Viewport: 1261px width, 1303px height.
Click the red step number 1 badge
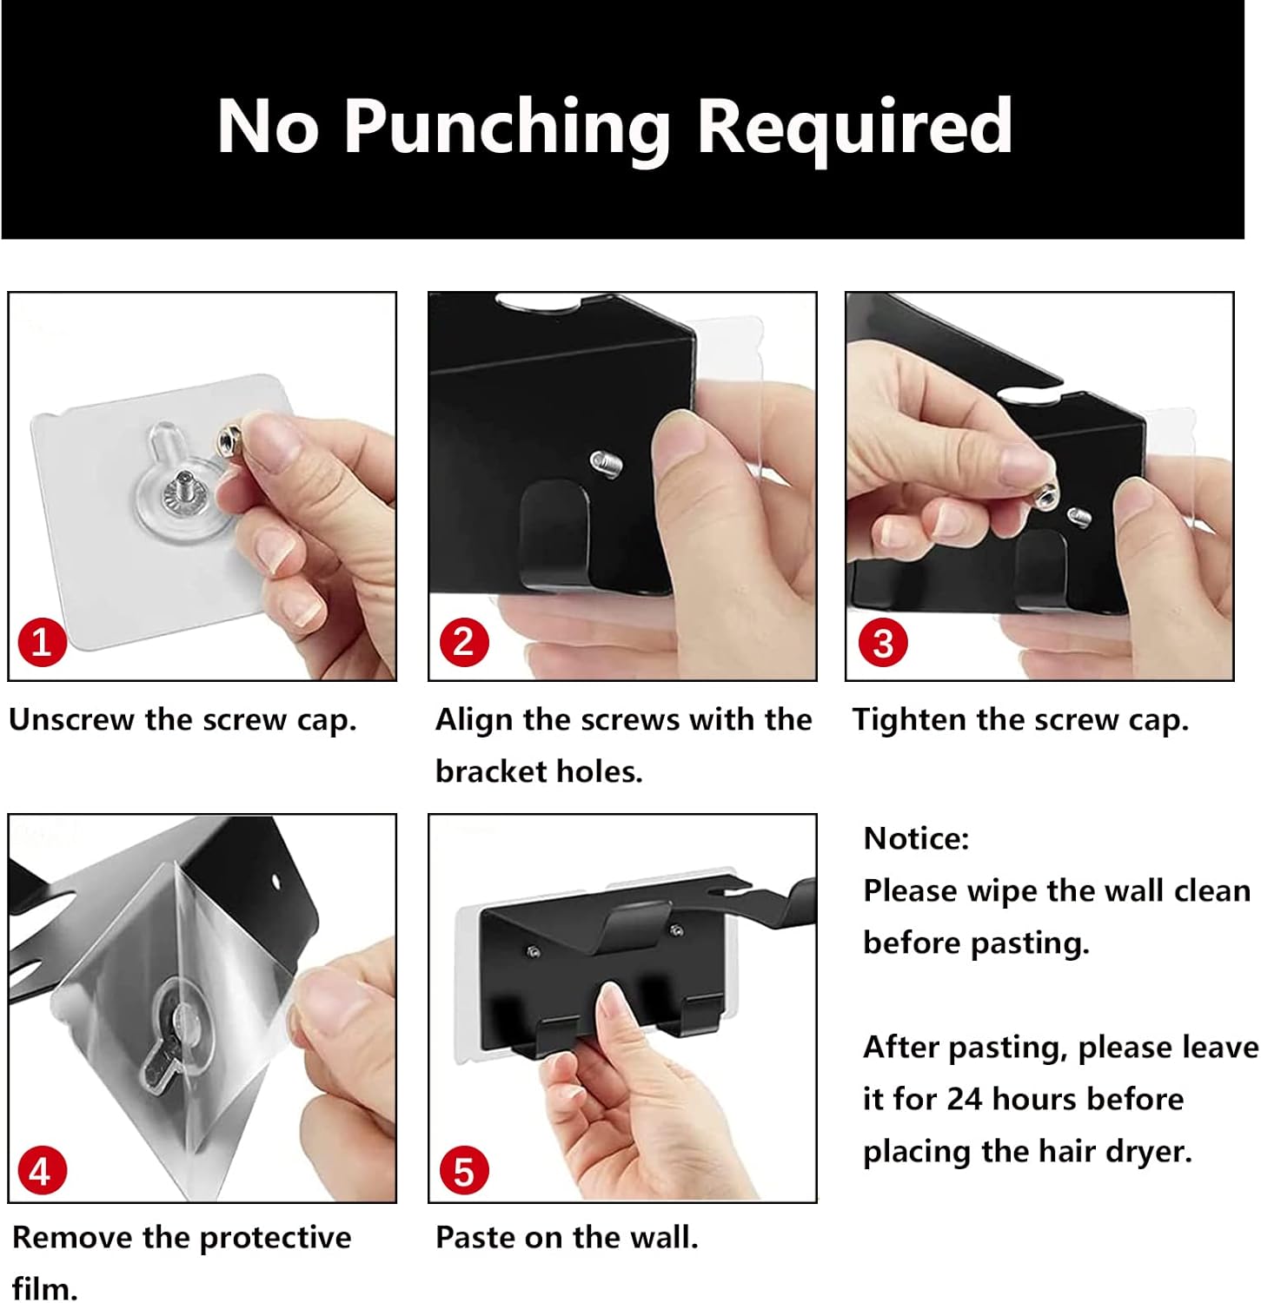[x=42, y=642]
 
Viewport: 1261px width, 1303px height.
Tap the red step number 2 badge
[x=464, y=642]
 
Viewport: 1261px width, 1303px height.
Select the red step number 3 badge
[x=883, y=643]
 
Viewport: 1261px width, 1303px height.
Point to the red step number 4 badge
[x=41, y=1171]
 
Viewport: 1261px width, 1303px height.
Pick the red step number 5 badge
[x=464, y=1171]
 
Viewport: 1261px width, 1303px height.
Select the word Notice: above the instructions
[x=916, y=838]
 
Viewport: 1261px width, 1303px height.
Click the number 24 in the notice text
[x=965, y=1099]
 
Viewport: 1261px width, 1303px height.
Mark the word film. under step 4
[x=45, y=1287]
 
